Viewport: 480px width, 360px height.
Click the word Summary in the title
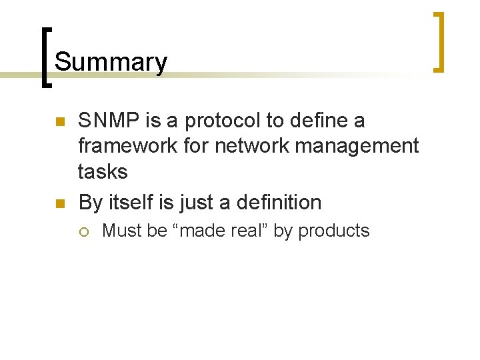111,62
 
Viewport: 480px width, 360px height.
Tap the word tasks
103,171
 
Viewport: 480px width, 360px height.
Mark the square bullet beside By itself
59,204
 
